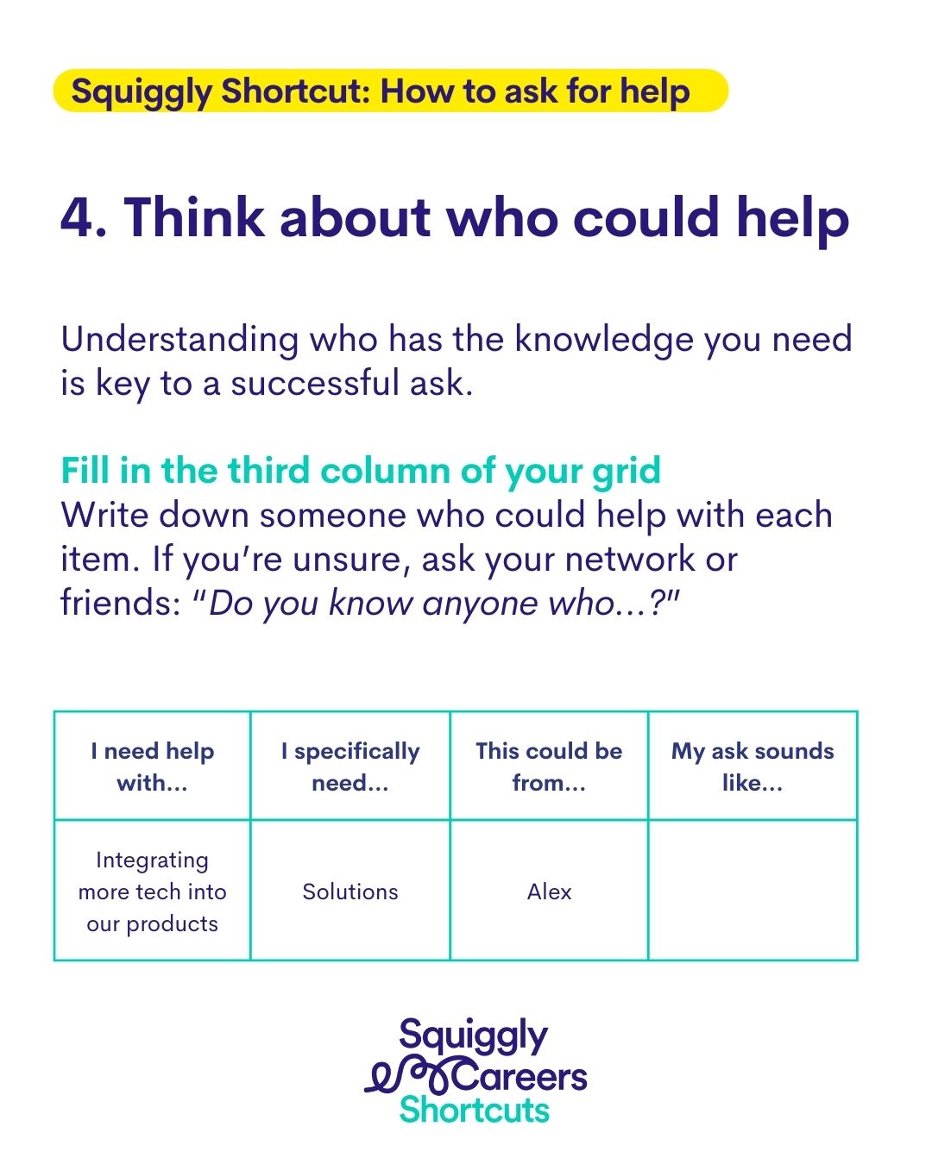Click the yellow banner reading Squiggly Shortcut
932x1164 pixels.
(x=390, y=91)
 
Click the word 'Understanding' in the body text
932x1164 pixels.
(x=179, y=340)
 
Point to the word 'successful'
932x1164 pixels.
(x=315, y=383)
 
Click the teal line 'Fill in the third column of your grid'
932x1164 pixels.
(x=361, y=471)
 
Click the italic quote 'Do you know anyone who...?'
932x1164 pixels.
(x=436, y=602)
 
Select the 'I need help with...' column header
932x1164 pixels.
(x=152, y=767)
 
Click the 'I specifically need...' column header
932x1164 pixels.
(x=350, y=767)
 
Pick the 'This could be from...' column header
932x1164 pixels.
(x=549, y=767)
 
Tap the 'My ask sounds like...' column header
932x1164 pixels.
(x=753, y=767)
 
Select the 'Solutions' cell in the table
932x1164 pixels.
(x=350, y=892)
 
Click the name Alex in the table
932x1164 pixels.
(x=549, y=892)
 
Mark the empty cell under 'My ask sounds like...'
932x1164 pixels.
(x=753, y=892)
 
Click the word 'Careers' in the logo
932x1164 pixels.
(x=519, y=1078)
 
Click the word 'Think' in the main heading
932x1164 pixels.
(x=195, y=217)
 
